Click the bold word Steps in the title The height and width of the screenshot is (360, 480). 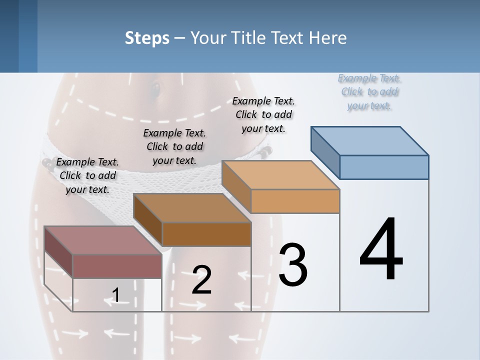click(147, 38)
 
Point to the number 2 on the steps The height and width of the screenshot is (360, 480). click(201, 280)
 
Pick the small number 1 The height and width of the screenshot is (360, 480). click(115, 295)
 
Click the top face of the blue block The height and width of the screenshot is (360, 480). click(369, 140)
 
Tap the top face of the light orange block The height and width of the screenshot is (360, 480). click(280, 175)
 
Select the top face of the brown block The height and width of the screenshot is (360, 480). click(192, 208)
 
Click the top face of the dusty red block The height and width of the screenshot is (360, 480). click(103, 240)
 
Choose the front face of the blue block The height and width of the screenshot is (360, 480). click(384, 167)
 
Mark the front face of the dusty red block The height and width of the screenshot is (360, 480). click(117, 266)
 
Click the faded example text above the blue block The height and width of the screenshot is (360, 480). click(369, 91)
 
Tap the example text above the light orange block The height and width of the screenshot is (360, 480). click(263, 114)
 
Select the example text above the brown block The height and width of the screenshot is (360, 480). click(174, 146)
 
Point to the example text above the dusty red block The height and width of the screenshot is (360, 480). click(87, 175)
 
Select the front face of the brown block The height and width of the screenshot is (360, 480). click(206, 234)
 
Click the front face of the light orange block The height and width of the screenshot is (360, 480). click(295, 201)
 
